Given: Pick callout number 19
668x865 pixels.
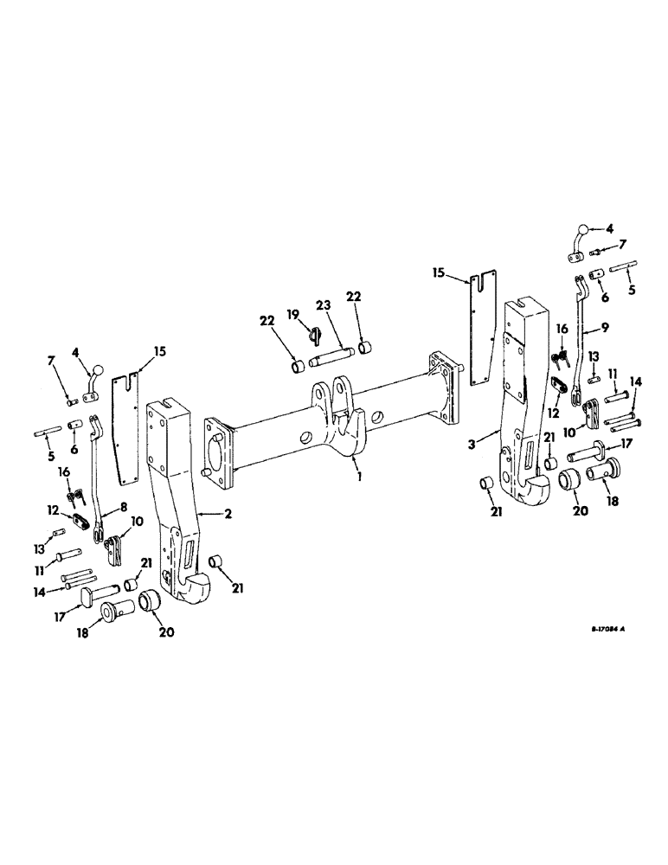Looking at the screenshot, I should (x=292, y=315).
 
